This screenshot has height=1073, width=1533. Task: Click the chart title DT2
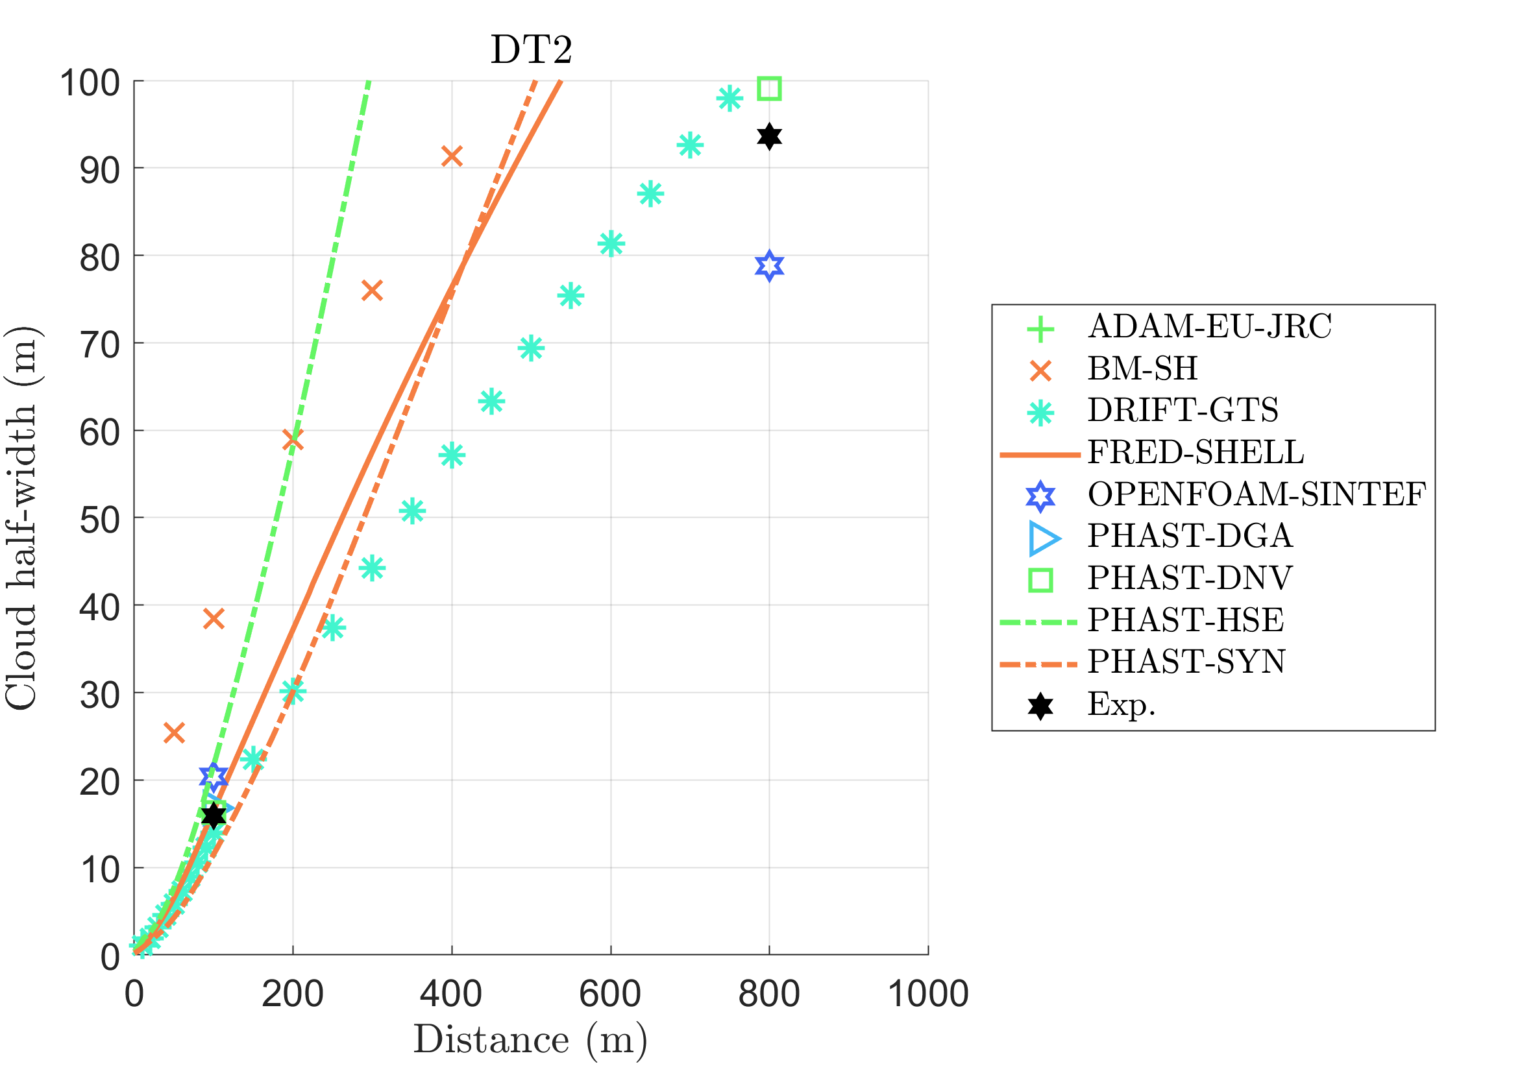tap(532, 49)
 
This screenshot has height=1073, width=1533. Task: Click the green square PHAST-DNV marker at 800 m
tap(769, 88)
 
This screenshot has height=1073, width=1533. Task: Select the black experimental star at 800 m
tap(769, 136)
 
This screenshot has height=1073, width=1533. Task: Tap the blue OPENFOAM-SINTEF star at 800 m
tap(769, 266)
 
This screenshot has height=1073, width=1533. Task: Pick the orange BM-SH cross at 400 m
tap(452, 157)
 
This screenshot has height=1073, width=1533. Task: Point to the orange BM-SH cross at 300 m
tap(372, 290)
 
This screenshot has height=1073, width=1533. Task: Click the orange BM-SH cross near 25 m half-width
tap(173, 732)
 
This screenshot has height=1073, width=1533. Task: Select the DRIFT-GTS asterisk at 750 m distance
tap(729, 99)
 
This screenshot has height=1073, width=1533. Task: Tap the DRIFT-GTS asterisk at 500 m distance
tap(531, 348)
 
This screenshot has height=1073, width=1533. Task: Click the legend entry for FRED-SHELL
tap(1195, 452)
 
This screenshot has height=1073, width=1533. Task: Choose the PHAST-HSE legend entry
tap(1185, 620)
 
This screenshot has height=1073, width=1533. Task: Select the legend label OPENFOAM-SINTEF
tap(1257, 494)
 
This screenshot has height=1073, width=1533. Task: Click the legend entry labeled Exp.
tap(1121, 704)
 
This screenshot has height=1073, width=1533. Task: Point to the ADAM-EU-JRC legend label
tap(1209, 327)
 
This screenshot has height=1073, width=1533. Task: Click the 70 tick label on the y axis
tap(100, 346)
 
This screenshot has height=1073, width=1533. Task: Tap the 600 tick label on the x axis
tap(610, 994)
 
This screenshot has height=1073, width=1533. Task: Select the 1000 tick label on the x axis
tap(928, 994)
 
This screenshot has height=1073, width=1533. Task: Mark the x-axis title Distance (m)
tap(531, 1040)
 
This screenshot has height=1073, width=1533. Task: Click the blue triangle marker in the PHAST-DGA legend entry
tap(1043, 538)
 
